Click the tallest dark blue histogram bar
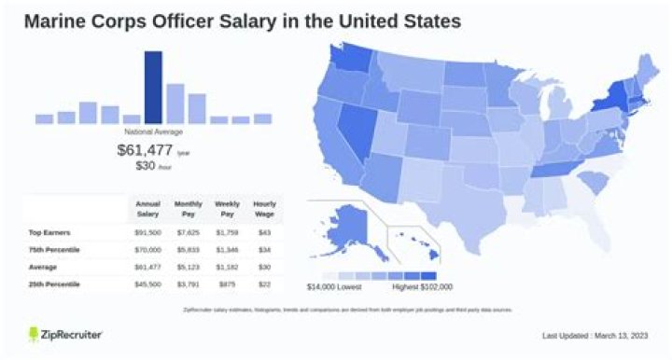coord(153,87)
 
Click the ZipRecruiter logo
coord(65,334)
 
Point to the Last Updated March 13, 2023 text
coord(594,335)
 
